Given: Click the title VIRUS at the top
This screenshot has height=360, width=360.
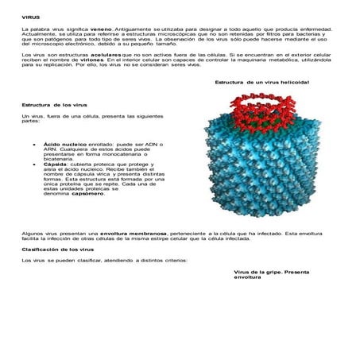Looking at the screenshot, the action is (x=31, y=17).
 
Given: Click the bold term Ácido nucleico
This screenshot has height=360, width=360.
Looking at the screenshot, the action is (x=65, y=145).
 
